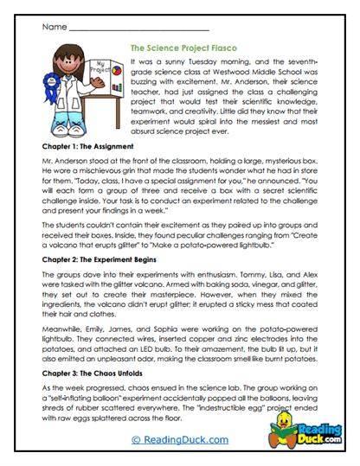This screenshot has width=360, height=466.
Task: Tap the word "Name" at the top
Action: pyautogui.click(x=51, y=28)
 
